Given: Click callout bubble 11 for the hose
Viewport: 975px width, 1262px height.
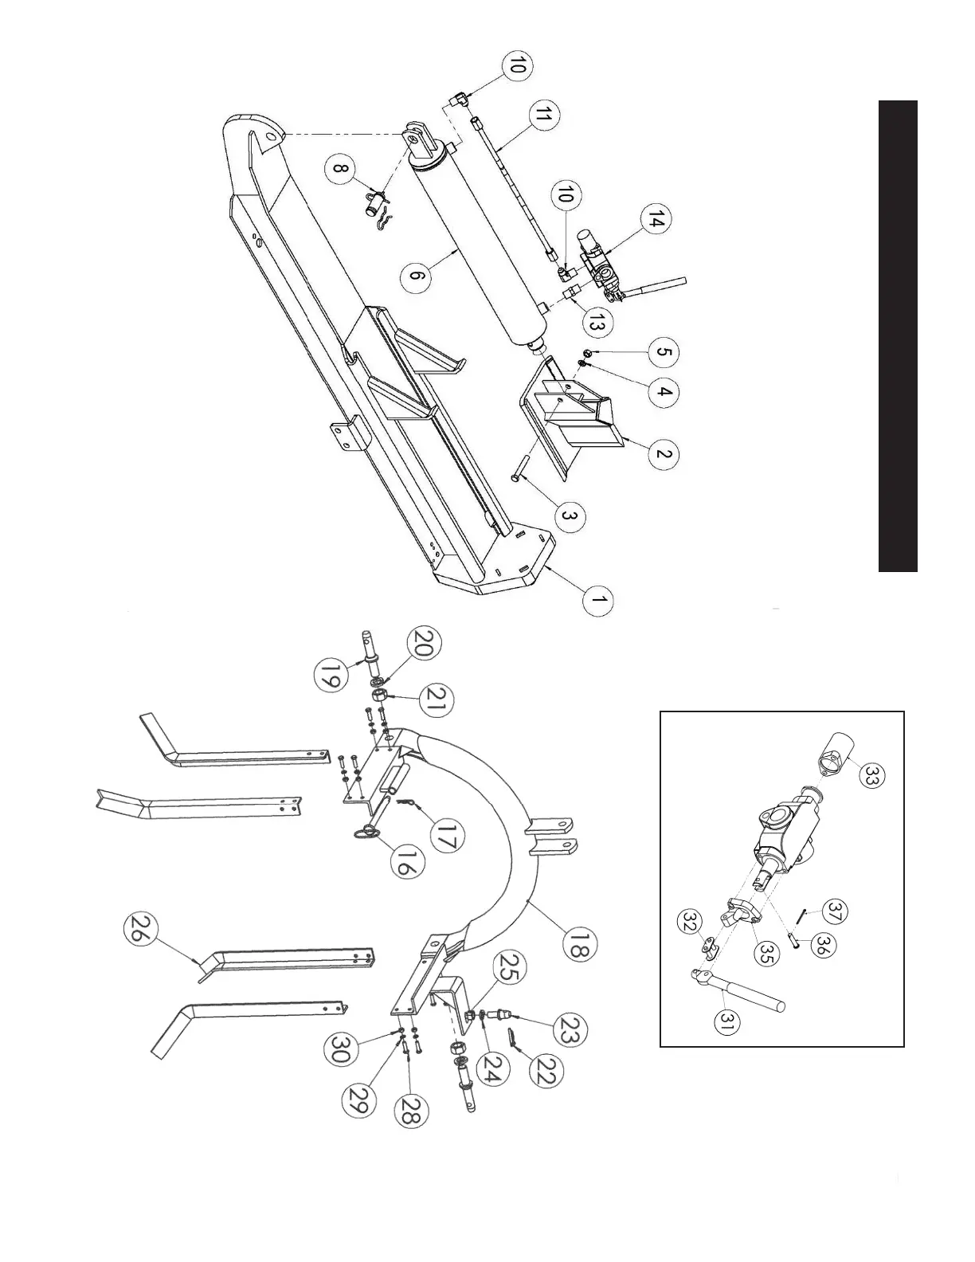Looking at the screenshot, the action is pos(543,116).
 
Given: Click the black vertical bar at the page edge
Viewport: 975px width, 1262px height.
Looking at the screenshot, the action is pos(898,335).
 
